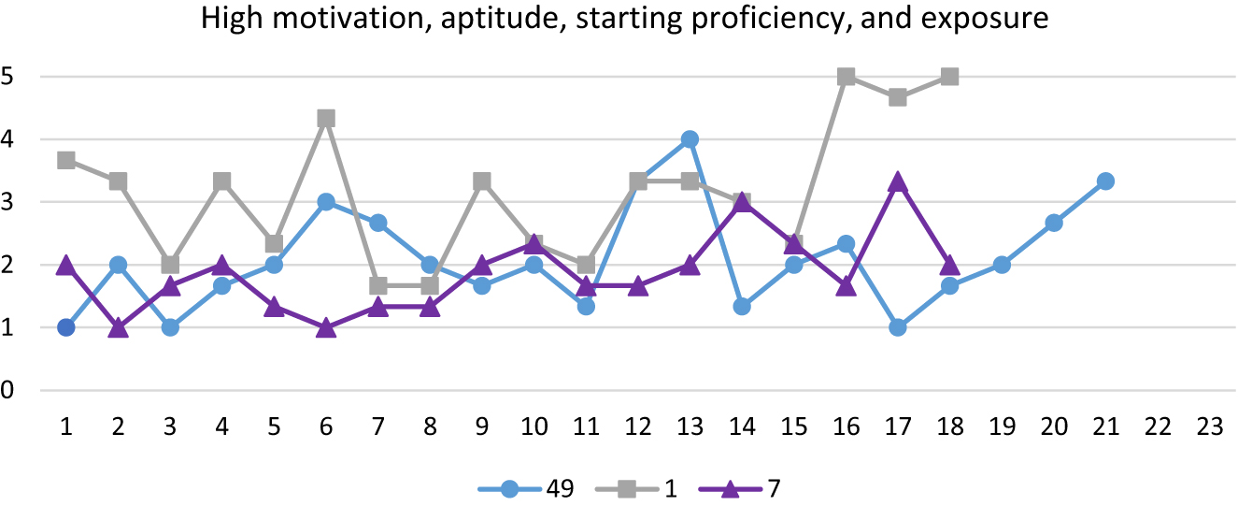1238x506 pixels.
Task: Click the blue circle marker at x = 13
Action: tap(690, 139)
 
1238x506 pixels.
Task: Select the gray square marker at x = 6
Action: tap(326, 119)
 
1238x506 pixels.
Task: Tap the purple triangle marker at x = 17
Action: tap(898, 181)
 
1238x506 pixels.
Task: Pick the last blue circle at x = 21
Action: tap(1105, 181)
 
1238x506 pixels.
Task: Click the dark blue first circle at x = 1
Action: tap(66, 327)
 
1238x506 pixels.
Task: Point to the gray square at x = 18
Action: tap(949, 77)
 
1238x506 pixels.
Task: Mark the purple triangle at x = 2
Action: tap(119, 328)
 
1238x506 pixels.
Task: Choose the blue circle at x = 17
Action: tap(898, 327)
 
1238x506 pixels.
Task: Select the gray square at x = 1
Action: tap(66, 161)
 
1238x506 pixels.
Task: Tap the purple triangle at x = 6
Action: tap(326, 328)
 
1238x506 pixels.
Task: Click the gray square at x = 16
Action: tap(846, 77)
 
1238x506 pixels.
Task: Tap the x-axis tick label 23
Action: tap(1209, 425)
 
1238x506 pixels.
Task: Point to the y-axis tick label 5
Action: tap(8, 77)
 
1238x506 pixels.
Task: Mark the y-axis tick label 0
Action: tap(8, 390)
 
